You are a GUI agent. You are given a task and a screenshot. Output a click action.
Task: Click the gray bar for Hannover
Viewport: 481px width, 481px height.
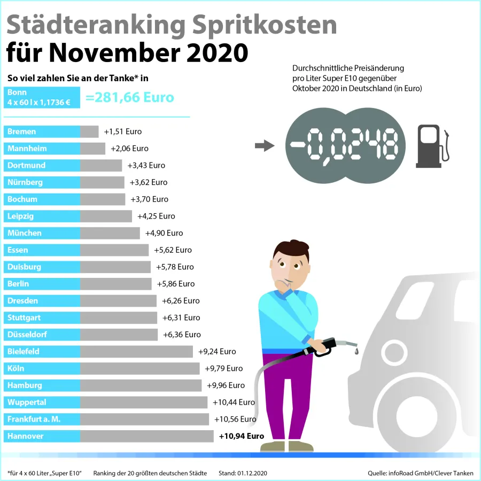click(x=147, y=436)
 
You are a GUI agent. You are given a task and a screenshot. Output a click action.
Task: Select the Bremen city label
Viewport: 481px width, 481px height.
click(x=22, y=131)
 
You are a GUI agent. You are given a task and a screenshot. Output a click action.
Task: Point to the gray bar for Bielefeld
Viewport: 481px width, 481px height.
click(x=136, y=352)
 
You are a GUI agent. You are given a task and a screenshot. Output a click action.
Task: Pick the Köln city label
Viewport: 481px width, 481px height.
click(x=17, y=368)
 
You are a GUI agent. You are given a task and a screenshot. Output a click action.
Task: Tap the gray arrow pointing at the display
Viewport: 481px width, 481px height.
click(x=264, y=145)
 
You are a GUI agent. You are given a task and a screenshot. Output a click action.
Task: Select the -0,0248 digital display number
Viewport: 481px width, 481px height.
click(x=345, y=144)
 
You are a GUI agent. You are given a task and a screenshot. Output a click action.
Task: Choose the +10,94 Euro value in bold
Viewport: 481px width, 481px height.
click(x=242, y=436)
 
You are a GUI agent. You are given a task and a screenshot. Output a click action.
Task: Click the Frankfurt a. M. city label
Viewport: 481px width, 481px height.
click(x=34, y=419)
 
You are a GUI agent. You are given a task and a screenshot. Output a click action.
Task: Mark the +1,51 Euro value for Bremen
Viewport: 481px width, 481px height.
click(x=123, y=131)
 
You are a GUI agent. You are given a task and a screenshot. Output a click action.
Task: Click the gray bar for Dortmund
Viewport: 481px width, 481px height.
click(x=101, y=165)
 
